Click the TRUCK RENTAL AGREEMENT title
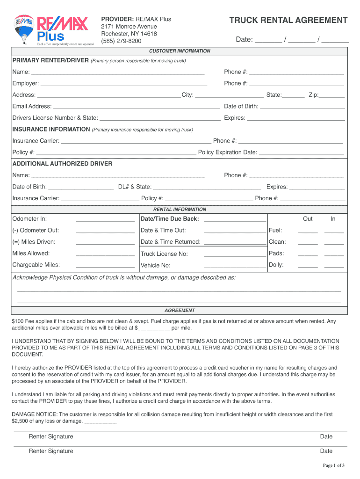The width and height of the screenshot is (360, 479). [x=288, y=20]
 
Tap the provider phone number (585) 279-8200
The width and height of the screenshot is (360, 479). [x=121, y=41]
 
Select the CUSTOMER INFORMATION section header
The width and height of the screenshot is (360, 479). [x=180, y=51]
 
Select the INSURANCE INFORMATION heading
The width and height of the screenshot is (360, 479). [x=51, y=129]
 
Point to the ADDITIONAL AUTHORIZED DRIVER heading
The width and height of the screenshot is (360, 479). [x=62, y=164]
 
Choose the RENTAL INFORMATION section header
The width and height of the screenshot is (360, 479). [x=180, y=210]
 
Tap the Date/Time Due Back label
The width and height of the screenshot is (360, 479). [x=170, y=219]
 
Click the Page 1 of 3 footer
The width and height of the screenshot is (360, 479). [x=334, y=465]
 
